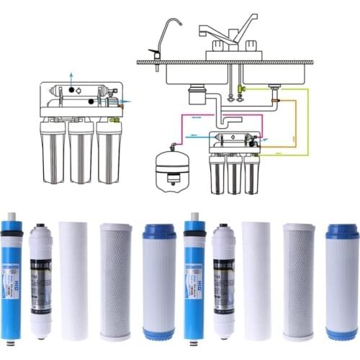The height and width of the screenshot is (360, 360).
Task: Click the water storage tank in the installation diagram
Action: (172, 170)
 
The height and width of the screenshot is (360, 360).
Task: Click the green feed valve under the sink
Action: (241, 89)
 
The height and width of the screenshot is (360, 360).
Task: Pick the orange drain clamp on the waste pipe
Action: (275, 100)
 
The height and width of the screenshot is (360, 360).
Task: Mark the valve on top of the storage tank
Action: (174, 144)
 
